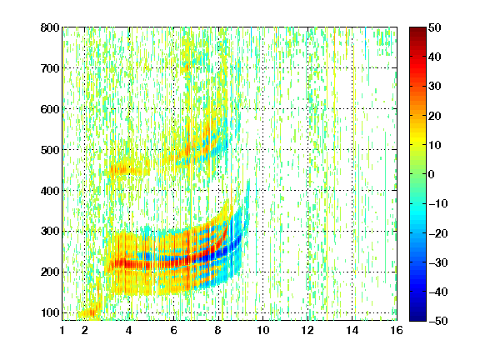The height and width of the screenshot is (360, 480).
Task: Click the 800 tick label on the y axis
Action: pos(50,27)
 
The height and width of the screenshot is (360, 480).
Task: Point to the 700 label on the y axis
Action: pos(50,68)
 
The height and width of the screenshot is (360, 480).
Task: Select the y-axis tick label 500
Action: pos(50,150)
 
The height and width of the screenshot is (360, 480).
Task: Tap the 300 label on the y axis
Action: pos(50,232)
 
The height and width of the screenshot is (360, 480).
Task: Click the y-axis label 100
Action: pos(50,312)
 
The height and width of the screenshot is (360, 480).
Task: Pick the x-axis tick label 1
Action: pos(62,330)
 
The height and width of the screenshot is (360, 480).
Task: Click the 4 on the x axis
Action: pos(129,330)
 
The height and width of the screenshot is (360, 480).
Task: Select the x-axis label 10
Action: pos(262,330)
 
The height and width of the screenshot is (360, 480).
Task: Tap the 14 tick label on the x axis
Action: pos(352,330)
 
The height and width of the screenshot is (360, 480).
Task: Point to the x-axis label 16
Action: pos(397,330)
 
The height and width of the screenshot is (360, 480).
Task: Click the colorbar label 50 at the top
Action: pos(434,27)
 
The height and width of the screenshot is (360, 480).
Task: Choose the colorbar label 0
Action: pos(432,174)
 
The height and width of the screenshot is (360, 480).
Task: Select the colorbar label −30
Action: pos(438,262)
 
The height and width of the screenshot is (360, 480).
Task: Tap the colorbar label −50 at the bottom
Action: pos(438,321)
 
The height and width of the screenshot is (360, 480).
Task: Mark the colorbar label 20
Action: pos(434,116)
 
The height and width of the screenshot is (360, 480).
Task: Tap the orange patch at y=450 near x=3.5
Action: pos(122,169)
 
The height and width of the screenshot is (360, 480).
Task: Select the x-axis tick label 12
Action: pos(307,330)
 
